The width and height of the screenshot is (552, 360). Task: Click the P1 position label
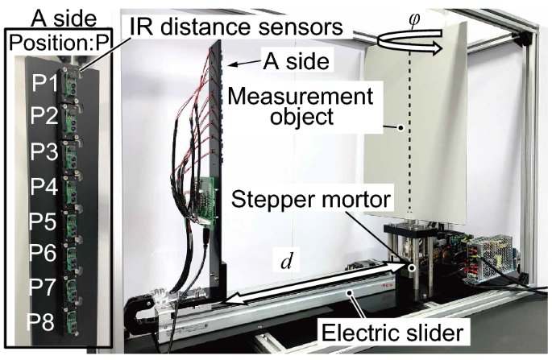coord(44,82)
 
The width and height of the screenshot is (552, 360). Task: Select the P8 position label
coord(44,325)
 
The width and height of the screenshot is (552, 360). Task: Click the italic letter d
coord(286,262)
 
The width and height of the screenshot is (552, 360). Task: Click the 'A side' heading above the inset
coord(58,15)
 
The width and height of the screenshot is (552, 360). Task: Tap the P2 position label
coord(44,117)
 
